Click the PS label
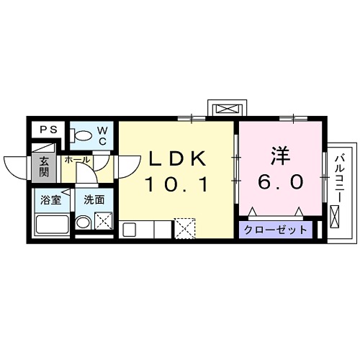click(49, 130)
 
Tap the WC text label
click(102, 135)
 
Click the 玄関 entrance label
click(43, 167)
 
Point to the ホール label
click(77, 160)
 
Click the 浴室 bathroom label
click(51, 199)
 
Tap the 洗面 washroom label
click(94, 199)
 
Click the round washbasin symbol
click(84, 223)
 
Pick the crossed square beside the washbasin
click(104, 222)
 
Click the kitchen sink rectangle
click(129, 230)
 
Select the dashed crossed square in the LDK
click(184, 229)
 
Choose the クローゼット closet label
click(274, 230)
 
